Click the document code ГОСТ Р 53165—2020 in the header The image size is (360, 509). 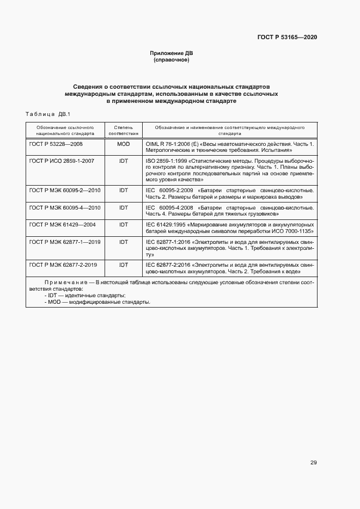pos(287,37)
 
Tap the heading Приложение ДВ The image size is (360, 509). pos(172,53)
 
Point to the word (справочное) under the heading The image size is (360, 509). pos(172,60)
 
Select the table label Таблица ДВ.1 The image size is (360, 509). pos(49,114)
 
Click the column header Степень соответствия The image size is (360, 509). pos(123,130)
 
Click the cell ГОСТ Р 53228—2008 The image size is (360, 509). pos(56,144)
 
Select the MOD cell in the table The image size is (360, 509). pos(123,144)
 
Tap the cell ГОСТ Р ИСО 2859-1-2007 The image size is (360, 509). pos(62,162)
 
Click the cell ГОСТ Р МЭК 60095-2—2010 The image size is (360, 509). pos(65,191)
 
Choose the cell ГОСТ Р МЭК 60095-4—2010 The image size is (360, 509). pos(65,207)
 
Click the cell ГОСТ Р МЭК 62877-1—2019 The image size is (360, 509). pos(65,241)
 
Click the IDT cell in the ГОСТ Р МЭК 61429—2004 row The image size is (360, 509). pos(123,224)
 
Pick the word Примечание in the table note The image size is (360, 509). pos(66,283)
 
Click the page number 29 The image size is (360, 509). pos(313,463)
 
